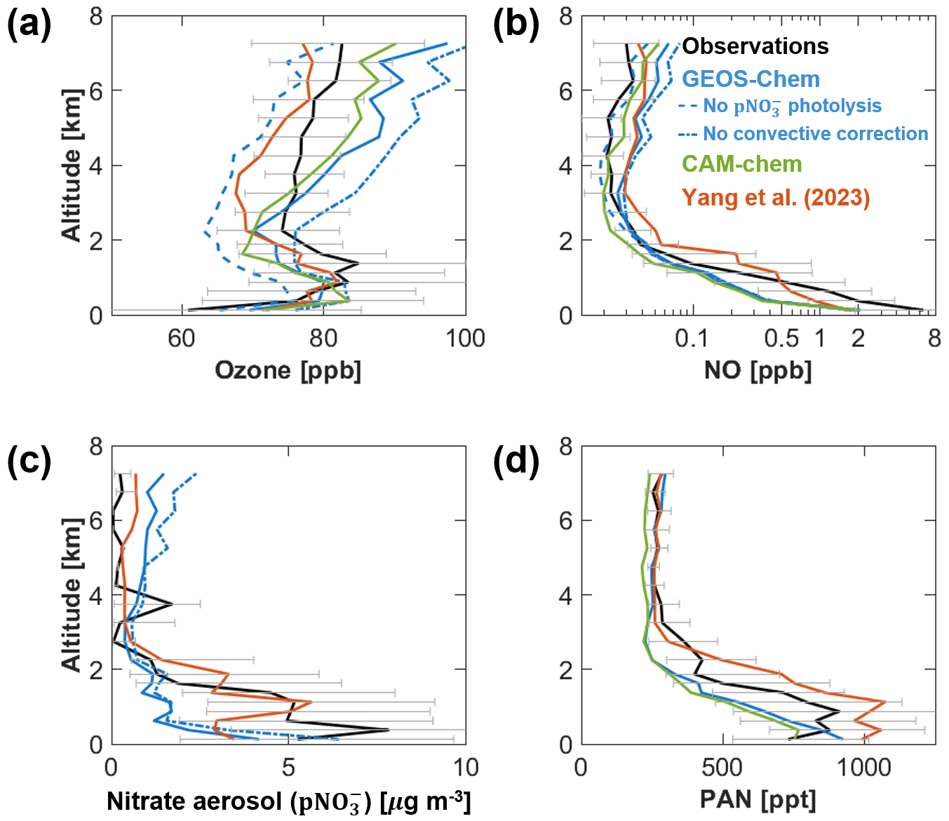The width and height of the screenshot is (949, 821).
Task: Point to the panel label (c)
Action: [x=29, y=461]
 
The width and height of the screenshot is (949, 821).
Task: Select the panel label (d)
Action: [x=516, y=461]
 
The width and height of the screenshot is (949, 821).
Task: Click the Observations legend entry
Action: [x=755, y=46]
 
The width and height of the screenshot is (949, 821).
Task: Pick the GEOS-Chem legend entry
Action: [x=751, y=79]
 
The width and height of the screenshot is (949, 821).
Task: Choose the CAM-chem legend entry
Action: [x=741, y=164]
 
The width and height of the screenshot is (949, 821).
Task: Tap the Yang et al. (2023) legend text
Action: [x=776, y=197]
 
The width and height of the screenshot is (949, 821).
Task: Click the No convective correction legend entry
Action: [x=815, y=133]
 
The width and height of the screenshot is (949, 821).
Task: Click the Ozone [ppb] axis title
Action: [x=288, y=369]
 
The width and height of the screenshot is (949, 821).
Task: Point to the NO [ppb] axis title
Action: [x=758, y=369]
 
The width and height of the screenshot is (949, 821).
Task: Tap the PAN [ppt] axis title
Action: [x=758, y=799]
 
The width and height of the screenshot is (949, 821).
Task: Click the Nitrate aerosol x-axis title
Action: [x=288, y=801]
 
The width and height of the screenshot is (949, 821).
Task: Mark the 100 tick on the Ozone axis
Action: [x=466, y=339]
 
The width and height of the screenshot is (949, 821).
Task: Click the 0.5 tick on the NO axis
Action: [x=781, y=339]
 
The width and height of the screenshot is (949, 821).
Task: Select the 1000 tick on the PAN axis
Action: [x=864, y=767]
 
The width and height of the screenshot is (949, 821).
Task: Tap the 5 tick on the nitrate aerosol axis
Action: [x=288, y=767]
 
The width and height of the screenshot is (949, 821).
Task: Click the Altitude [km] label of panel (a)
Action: [x=72, y=165]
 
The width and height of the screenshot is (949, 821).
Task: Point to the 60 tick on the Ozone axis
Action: [x=182, y=339]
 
